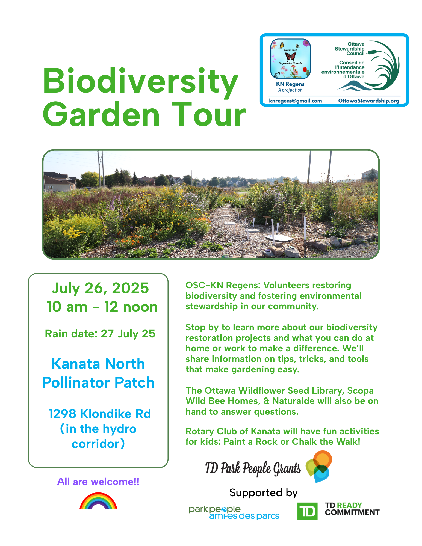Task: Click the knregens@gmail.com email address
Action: pos(295,101)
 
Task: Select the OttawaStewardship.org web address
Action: pos(368,101)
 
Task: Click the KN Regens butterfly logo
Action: pos(290,58)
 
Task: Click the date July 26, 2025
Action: pos(100,288)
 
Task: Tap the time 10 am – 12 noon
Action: pos(102,307)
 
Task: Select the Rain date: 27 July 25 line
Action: pos(100,334)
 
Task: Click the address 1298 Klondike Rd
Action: pos(100,414)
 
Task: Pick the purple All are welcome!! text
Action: pos(98,482)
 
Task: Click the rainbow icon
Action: pos(98,501)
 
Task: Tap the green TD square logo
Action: pos(307,511)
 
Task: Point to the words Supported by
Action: pos(263,493)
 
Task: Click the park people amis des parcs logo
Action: pos(234,513)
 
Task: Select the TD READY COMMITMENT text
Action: pos(352,509)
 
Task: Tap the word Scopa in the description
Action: pos(360,391)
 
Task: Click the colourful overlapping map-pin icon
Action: pos(319,466)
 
